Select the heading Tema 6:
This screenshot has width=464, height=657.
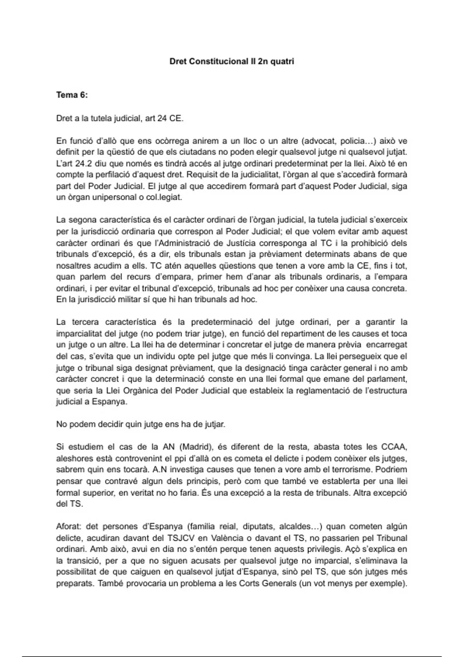click(72, 95)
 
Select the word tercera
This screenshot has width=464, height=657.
click(85, 322)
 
